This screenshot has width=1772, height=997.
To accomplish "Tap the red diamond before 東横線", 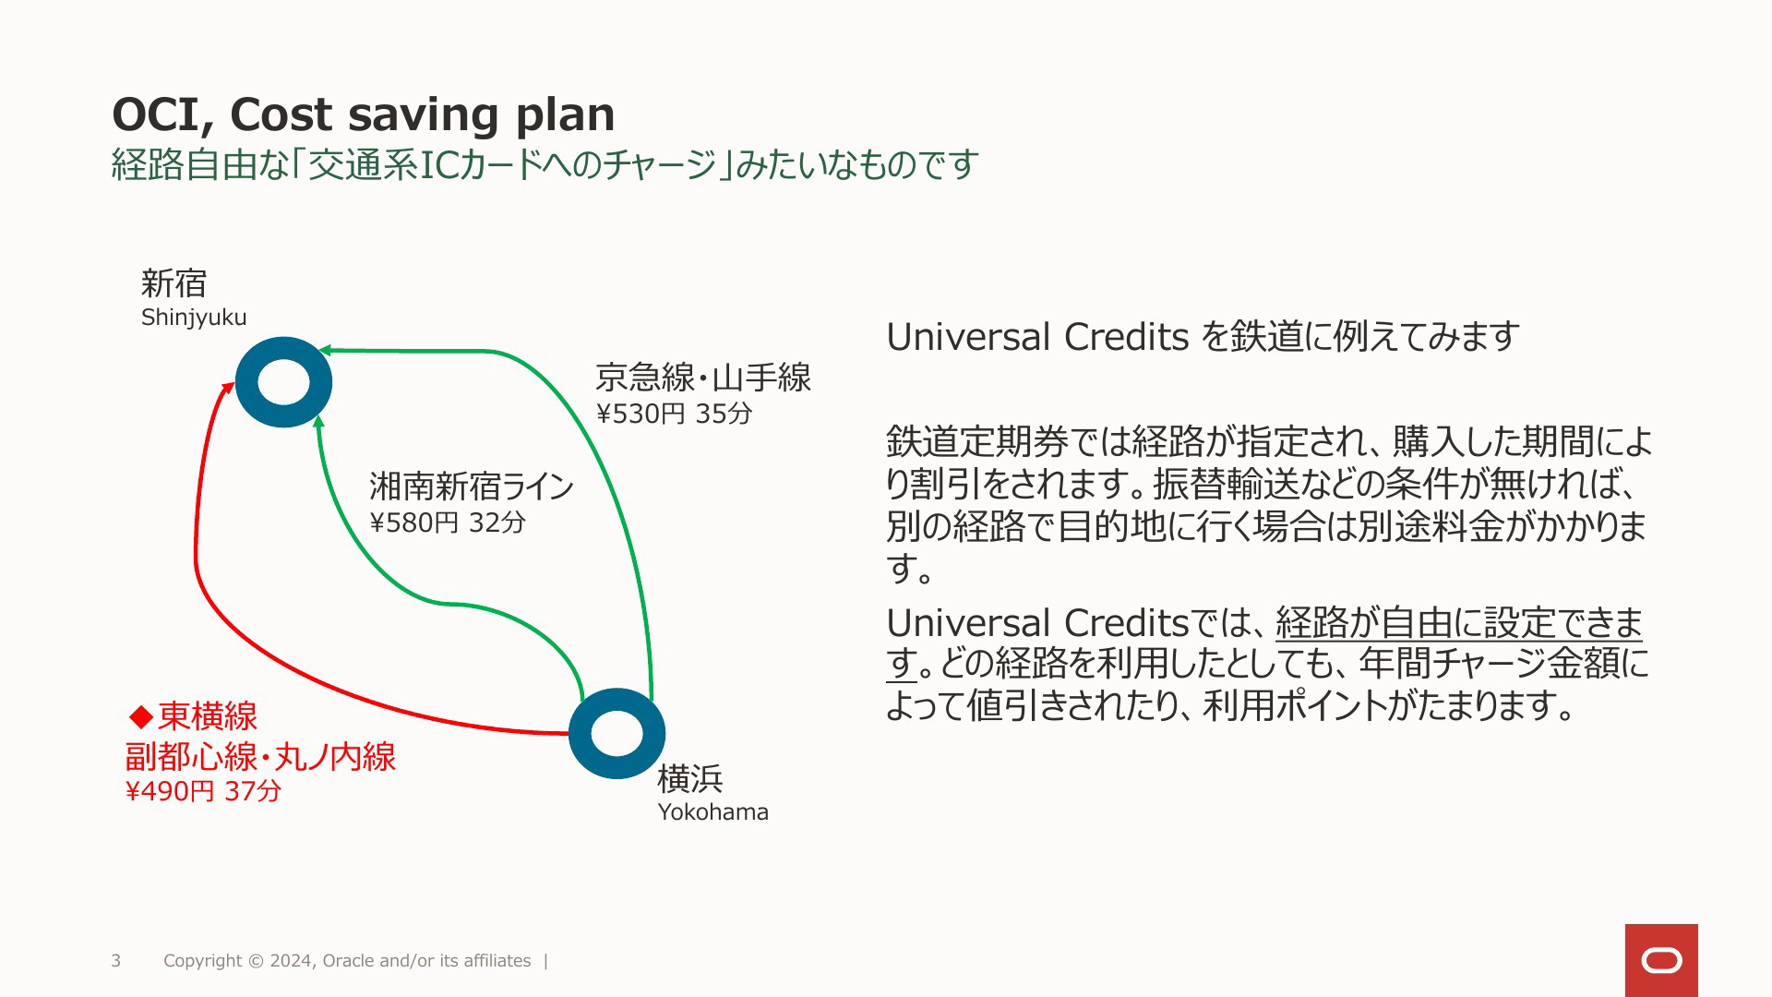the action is (141, 716).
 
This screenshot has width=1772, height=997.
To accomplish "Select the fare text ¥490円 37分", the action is (203, 791).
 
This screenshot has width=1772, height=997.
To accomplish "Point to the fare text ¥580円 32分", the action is (448, 523).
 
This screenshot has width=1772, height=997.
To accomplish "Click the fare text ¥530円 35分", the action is (674, 414).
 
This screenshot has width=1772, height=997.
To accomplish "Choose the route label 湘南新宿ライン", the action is (472, 486).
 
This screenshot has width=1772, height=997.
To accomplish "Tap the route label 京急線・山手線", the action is (703, 378).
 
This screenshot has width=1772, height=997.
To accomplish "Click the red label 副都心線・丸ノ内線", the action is (260, 757).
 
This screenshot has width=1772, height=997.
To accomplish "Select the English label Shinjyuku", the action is (194, 318).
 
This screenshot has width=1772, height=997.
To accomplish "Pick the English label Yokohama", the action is (712, 812).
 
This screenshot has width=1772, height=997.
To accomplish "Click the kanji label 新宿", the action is (174, 282).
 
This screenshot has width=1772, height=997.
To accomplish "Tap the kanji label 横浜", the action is (690, 779).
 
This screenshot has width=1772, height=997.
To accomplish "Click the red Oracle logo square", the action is (1661, 960).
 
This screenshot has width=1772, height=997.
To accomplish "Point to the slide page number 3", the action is (116, 961).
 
